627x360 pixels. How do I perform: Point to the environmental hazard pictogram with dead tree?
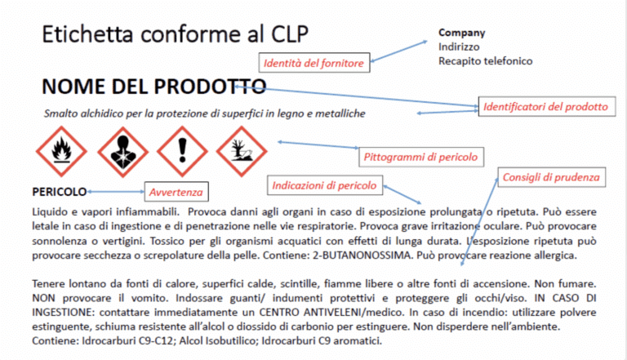[x=244, y=150]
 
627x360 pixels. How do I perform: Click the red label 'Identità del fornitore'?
[x=313, y=62]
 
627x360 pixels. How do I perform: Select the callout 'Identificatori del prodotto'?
[x=545, y=107]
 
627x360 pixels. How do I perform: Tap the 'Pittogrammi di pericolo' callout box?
[x=419, y=156]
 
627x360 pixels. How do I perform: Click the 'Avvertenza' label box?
[x=174, y=193]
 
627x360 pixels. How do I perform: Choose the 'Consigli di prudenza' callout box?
[x=550, y=177]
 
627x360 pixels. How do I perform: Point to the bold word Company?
[x=461, y=33]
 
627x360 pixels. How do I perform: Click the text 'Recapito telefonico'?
[x=485, y=61]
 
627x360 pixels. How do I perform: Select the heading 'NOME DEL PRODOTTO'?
[x=153, y=87]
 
